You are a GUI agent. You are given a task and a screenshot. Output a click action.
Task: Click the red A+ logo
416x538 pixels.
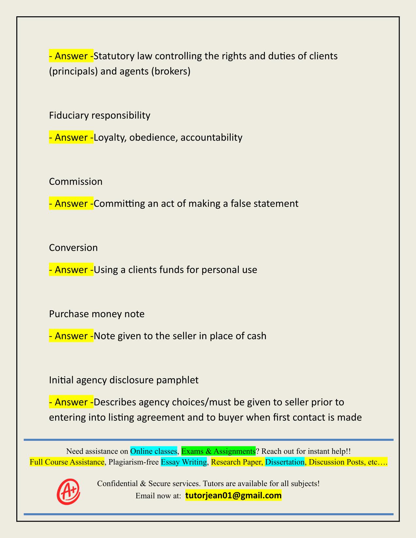[x=68, y=491]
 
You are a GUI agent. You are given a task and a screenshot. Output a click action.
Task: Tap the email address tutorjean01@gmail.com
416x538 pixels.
[x=233, y=496]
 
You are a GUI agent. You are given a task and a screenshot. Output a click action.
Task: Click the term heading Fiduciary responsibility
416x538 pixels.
[x=100, y=115]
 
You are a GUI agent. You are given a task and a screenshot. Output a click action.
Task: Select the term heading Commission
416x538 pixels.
[x=76, y=182]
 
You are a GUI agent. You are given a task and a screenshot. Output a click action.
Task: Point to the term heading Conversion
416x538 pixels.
[x=73, y=248]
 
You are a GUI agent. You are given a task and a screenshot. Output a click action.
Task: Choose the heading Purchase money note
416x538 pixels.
[x=97, y=314]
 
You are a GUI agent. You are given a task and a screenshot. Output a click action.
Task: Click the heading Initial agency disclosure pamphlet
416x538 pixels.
[x=124, y=380]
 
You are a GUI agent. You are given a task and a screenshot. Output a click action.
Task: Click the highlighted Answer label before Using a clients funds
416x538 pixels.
[x=71, y=270]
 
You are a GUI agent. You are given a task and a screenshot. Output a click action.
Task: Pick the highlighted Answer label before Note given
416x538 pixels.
[x=71, y=336]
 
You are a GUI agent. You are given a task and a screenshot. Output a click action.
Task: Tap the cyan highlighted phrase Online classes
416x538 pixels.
[x=153, y=451]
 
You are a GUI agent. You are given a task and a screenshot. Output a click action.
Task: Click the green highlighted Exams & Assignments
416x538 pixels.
[x=218, y=451]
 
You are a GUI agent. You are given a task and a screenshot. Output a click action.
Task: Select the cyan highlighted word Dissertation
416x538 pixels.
[x=285, y=462]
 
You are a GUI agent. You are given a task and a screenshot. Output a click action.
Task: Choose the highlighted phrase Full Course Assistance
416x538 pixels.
[x=67, y=462]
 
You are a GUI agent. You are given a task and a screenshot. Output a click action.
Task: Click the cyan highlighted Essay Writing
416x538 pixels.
[x=184, y=462]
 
